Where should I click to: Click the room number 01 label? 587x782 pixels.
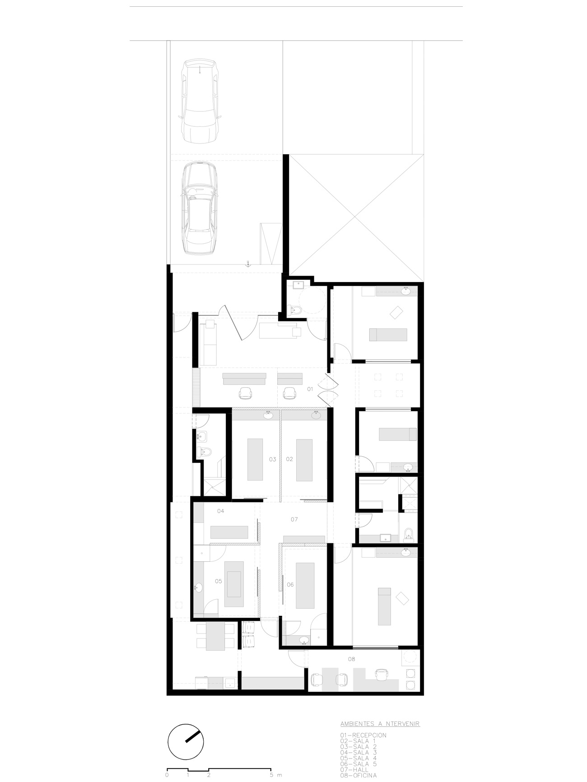pyautogui.click(x=310, y=389)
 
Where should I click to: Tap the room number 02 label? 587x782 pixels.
pyautogui.click(x=289, y=459)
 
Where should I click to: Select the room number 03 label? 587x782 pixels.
pyautogui.click(x=272, y=459)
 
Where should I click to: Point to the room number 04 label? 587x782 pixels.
pyautogui.click(x=221, y=511)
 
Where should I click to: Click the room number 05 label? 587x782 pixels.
pyautogui.click(x=219, y=581)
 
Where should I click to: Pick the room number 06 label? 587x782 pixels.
pyautogui.click(x=290, y=584)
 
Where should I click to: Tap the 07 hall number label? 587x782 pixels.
pyautogui.click(x=294, y=519)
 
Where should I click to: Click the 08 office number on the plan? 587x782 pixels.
pyautogui.click(x=352, y=659)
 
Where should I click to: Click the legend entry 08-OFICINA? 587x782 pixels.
pyautogui.click(x=359, y=776)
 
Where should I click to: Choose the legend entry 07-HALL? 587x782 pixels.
pyautogui.click(x=354, y=770)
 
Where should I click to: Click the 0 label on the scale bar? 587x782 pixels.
pyautogui.click(x=167, y=775)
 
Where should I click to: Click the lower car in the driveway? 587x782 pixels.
pyautogui.click(x=200, y=208)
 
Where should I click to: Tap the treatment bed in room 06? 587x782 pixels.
pyautogui.click(x=305, y=585)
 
